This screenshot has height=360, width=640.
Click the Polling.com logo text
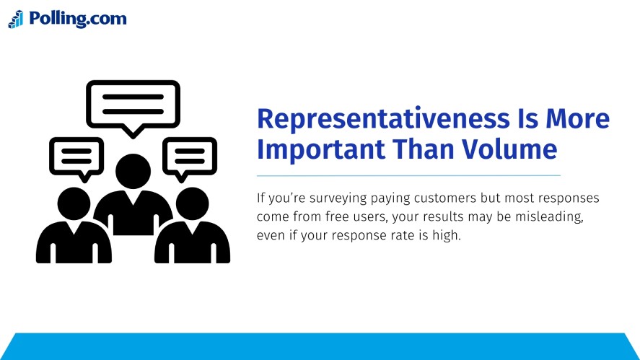tap(77, 19)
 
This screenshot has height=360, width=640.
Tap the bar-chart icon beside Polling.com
tap(16, 19)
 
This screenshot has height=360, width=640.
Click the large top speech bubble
tap(133, 105)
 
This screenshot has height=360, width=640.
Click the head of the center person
tap(133, 172)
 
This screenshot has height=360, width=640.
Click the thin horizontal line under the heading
tap(408, 175)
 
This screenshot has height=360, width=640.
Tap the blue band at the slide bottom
tap(320, 346)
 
